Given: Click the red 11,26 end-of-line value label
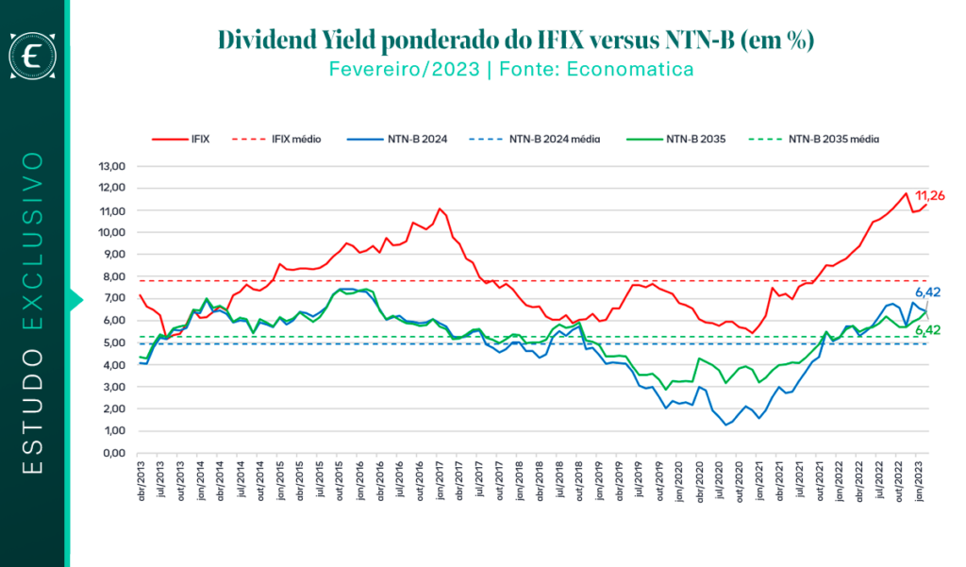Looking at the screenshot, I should point(930,196).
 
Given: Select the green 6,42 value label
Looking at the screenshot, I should point(929,329).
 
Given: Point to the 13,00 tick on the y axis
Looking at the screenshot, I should point(111,166).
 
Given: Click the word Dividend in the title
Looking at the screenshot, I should point(275,40).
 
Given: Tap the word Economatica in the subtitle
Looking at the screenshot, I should point(641,69).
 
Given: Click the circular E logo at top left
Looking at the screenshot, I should point(33,57).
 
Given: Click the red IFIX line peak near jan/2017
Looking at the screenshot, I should point(440,208).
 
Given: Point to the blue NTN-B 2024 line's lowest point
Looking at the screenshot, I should point(726,425).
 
